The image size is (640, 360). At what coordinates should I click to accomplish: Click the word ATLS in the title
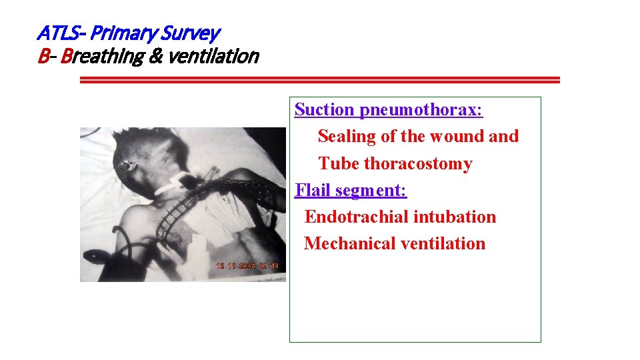point(58,32)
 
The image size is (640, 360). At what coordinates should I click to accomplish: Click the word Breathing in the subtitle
point(102,57)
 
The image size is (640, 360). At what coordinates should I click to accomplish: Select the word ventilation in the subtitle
point(213,57)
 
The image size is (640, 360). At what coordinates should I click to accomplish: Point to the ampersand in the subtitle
point(155,57)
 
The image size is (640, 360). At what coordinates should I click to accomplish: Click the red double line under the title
point(320,80)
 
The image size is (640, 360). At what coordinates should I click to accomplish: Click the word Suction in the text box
point(324,109)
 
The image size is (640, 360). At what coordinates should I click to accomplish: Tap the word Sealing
point(347,136)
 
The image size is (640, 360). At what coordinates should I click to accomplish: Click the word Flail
point(313,190)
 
